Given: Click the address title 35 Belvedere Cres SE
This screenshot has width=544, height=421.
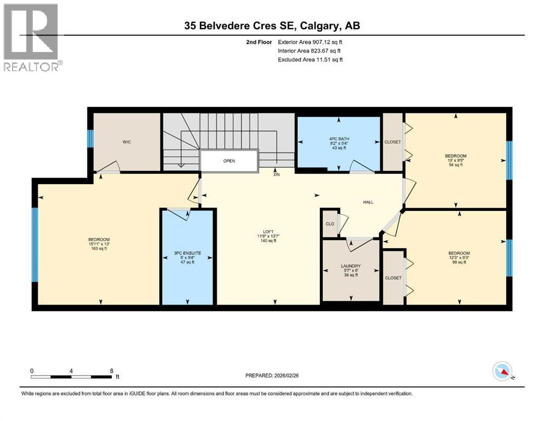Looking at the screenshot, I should (272, 25).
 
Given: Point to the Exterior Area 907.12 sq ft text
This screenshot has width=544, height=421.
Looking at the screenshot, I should (311, 42).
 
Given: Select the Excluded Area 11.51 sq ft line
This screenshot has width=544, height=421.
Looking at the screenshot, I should (311, 59).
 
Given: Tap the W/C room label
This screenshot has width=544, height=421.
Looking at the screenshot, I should (127, 142).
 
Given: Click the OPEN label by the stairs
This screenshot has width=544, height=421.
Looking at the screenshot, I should (229, 162).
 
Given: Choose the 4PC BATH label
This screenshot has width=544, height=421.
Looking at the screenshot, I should (338, 139).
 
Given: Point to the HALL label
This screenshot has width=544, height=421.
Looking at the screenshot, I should (368, 202).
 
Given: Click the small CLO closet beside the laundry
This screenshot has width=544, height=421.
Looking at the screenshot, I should (330, 224).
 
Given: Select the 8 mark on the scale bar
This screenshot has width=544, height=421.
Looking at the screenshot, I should (112, 371).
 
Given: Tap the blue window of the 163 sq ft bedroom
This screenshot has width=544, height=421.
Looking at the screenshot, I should (35, 244).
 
